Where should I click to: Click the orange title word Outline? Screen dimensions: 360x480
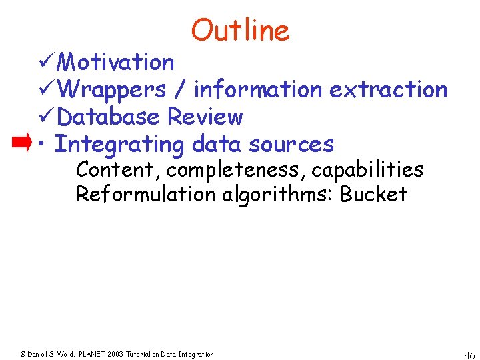(240, 30)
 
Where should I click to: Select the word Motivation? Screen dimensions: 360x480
(116, 62)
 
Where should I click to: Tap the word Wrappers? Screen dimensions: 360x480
(111, 89)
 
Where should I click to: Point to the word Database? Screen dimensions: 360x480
(109, 117)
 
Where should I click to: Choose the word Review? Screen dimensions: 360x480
(205, 117)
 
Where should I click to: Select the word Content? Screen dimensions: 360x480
(115, 170)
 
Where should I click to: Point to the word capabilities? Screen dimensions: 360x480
(367, 171)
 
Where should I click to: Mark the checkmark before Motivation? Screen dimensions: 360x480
(47, 62)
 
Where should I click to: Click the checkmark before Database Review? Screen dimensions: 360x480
(47, 117)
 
